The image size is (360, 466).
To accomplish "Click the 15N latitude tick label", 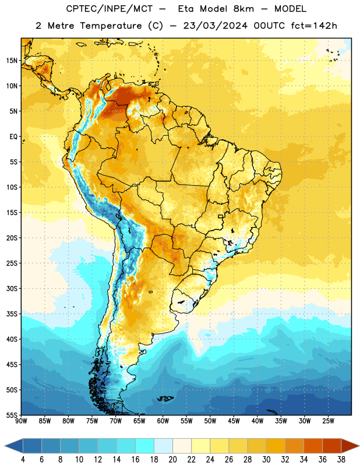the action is point(12,61).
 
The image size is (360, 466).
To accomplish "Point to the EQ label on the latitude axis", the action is point(13,137).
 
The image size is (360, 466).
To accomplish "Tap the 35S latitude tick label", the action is point(12,314).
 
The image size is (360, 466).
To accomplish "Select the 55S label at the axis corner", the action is point(12,415).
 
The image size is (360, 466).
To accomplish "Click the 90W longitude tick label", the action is point(22,421).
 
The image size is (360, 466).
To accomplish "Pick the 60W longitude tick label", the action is point(163,421).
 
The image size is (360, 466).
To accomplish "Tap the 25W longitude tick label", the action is point(328,421).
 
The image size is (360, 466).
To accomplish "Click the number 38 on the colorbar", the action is point(341,460).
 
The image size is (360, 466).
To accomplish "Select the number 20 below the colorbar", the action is point(172,460).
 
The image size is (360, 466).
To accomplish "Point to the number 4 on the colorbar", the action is point(23,460).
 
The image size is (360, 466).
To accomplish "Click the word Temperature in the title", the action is point(111,26).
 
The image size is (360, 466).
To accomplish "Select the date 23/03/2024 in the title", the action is point(215,26).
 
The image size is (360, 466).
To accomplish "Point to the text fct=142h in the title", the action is point(314,26).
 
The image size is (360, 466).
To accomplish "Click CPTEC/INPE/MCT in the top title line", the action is point(109,9).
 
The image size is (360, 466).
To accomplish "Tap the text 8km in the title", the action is point(243,9).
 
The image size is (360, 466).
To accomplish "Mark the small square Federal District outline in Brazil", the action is point(221,216).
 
